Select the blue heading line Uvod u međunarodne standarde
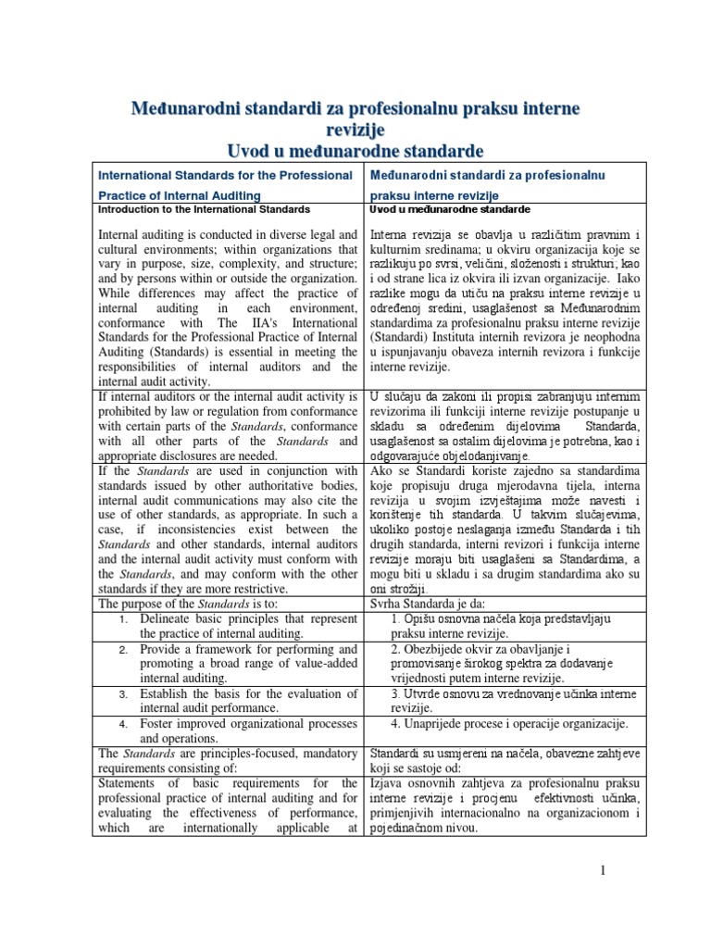coord(355,151)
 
